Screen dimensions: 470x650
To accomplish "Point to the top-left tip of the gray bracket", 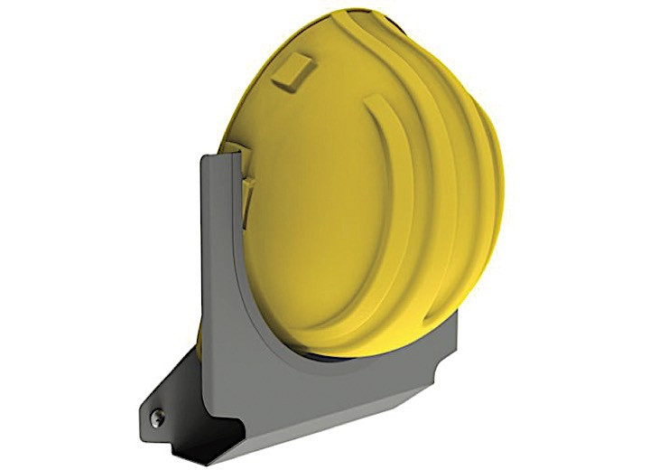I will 203,156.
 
